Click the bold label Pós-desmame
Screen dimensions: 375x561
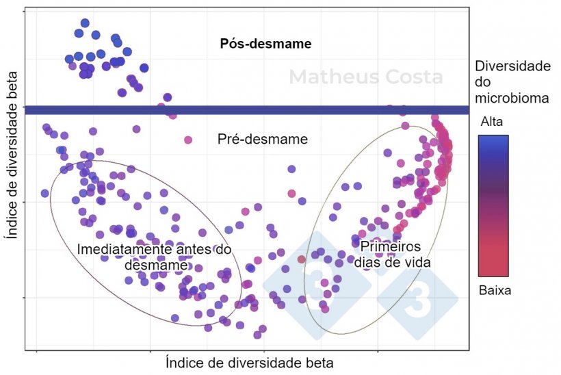[265, 44]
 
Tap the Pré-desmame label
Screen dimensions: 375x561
[262, 140]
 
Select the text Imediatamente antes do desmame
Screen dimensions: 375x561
[154, 257]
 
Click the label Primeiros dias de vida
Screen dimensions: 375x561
[390, 253]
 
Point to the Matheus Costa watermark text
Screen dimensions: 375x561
[365, 77]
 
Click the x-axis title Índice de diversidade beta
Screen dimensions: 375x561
[249, 362]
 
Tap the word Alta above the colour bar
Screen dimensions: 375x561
[493, 122]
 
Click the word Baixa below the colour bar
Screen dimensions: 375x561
[495, 290]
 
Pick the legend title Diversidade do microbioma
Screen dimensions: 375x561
[512, 82]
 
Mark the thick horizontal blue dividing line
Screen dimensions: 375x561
[246, 110]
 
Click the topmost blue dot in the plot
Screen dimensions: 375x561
[85, 23]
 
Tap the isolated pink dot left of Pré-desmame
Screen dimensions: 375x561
[188, 140]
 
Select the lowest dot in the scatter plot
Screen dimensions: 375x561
[257, 335]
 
